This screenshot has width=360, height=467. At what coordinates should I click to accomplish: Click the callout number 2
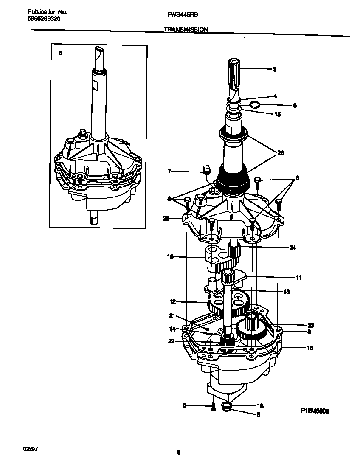[x=275, y=69]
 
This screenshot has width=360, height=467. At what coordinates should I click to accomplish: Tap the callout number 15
[x=277, y=114]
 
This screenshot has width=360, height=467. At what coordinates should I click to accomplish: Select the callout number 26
[x=280, y=153]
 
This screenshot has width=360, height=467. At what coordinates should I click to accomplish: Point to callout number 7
[x=169, y=171]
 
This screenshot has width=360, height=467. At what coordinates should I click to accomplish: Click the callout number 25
[x=166, y=219]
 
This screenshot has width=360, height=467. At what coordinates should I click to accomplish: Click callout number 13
[x=287, y=292]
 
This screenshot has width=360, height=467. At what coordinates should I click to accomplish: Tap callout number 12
[x=172, y=302]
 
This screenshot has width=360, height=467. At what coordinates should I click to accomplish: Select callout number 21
[x=172, y=315]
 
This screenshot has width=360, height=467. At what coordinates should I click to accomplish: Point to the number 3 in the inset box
[x=60, y=53]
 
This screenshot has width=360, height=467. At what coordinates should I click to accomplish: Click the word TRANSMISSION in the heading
[x=185, y=30]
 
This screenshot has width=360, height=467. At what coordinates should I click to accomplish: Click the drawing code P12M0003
[x=315, y=411]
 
